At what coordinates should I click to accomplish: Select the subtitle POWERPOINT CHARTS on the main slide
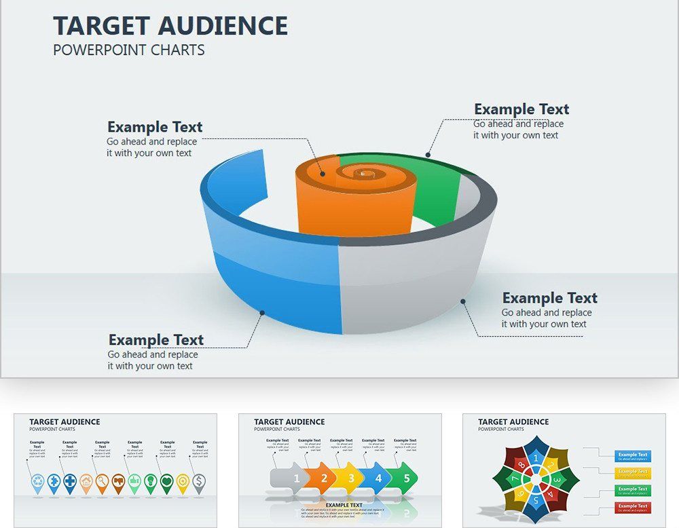tap(128, 50)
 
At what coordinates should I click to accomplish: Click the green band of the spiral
tap(435, 197)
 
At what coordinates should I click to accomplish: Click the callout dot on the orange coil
tap(323, 174)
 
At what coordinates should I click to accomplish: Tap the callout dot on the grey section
tap(463, 301)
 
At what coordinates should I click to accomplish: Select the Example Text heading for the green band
tap(521, 109)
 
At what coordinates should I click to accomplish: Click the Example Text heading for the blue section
tap(156, 340)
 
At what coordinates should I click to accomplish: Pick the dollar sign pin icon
tap(199, 482)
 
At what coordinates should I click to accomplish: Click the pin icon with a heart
tap(166, 482)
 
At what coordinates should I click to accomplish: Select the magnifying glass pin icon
tap(102, 482)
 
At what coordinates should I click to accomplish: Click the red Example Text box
tap(633, 507)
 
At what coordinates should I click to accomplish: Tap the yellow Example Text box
tap(633, 472)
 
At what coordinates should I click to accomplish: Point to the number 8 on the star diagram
tap(521, 466)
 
